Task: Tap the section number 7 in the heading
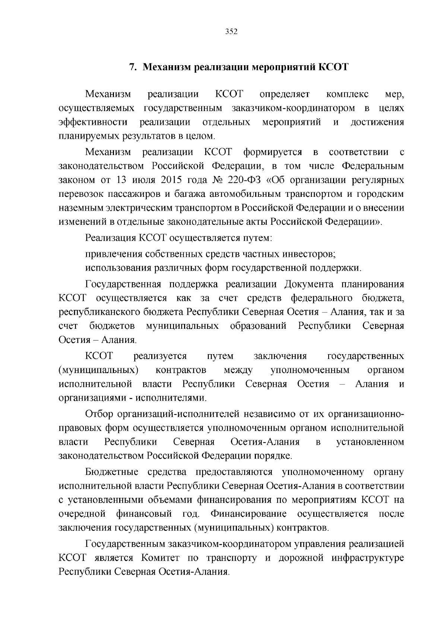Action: point(131,67)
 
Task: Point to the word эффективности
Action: point(93,122)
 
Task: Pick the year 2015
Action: point(171,180)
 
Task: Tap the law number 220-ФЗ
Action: point(244,180)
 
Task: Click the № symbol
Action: point(218,180)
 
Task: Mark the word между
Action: point(239,370)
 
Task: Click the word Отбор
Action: point(99,414)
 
